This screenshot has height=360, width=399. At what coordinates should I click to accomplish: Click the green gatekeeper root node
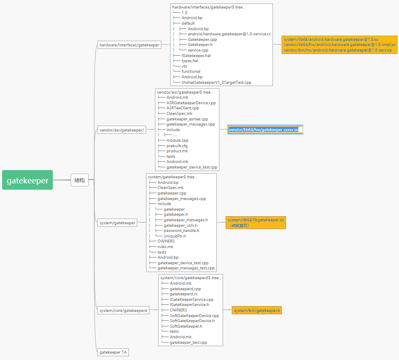click(27, 180)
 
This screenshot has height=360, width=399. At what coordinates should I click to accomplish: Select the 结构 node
click(80, 180)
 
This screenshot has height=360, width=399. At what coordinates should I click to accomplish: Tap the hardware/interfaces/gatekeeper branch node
click(129, 45)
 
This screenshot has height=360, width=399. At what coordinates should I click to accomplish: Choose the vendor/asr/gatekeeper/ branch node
click(122, 130)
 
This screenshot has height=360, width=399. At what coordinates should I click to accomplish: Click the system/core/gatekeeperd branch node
click(123, 311)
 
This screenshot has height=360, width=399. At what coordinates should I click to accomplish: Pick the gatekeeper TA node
click(113, 352)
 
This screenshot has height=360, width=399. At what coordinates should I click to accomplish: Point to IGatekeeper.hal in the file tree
click(196, 55)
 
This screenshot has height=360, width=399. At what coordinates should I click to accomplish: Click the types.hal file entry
click(189, 61)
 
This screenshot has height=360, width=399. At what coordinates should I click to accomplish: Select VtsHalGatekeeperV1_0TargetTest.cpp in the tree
click(216, 82)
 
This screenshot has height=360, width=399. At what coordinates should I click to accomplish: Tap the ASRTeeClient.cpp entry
click(183, 108)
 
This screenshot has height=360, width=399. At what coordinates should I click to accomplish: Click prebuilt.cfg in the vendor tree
click(177, 146)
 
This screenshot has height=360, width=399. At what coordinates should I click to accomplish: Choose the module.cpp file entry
click(177, 140)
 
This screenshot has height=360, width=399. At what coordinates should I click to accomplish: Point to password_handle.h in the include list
click(181, 231)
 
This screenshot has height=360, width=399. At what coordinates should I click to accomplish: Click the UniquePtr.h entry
click(175, 236)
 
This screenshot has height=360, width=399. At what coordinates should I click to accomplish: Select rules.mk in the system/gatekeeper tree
click(165, 247)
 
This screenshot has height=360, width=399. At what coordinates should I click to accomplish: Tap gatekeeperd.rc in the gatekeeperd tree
click(184, 294)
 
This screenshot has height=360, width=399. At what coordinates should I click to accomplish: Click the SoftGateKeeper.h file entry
click(186, 326)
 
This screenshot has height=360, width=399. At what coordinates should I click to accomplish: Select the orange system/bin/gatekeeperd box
click(257, 311)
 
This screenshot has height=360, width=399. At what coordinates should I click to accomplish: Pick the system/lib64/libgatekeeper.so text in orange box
click(256, 220)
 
